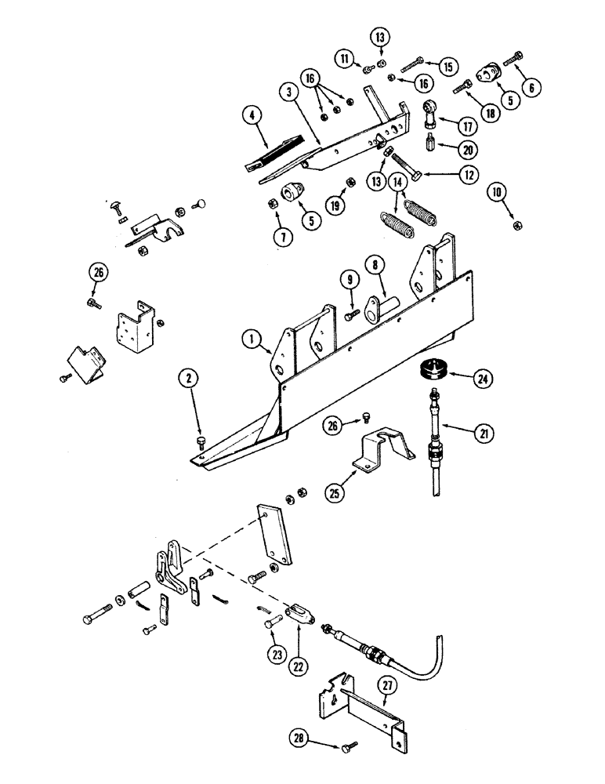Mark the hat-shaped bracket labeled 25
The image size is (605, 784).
coord(379,453)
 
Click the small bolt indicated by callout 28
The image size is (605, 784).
coord(347,745)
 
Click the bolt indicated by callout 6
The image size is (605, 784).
coord(516,58)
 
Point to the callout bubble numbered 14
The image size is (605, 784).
coord(398,183)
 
